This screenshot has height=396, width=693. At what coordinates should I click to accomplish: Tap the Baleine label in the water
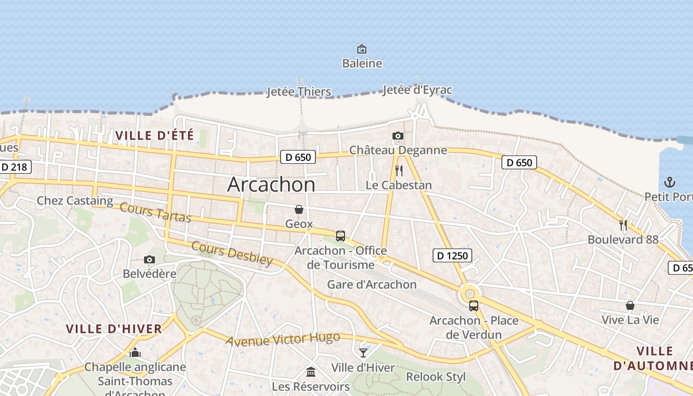(x=362, y=63)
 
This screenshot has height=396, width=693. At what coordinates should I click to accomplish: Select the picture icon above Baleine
(x=362, y=49)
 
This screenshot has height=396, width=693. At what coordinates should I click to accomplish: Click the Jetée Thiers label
(x=298, y=92)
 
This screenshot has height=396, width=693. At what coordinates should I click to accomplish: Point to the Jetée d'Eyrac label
(x=417, y=90)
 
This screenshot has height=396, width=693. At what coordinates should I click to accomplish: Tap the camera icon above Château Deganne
(x=397, y=136)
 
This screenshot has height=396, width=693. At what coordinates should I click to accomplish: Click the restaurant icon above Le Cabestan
(x=398, y=171)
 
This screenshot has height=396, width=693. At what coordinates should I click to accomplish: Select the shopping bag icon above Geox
(x=299, y=209)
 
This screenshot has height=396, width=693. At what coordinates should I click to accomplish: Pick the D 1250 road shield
(x=452, y=255)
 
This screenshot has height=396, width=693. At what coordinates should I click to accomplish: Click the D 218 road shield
(x=14, y=167)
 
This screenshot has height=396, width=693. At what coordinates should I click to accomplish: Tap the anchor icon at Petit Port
(x=669, y=182)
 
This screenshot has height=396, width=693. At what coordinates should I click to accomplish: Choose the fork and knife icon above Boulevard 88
(x=623, y=225)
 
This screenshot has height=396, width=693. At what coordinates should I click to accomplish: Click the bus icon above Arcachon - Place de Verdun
(x=474, y=306)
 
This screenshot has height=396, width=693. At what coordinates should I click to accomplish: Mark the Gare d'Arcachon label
(x=372, y=285)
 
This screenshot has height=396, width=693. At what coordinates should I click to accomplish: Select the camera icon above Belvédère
(x=149, y=259)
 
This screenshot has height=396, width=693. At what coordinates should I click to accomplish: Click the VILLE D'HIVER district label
(x=114, y=329)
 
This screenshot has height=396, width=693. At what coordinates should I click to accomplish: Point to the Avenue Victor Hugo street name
(x=283, y=340)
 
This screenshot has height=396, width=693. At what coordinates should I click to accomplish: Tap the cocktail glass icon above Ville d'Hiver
(x=363, y=352)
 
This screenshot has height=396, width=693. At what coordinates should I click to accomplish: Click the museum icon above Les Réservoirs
(x=311, y=372)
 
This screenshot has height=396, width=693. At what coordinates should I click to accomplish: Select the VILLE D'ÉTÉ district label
(x=154, y=135)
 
